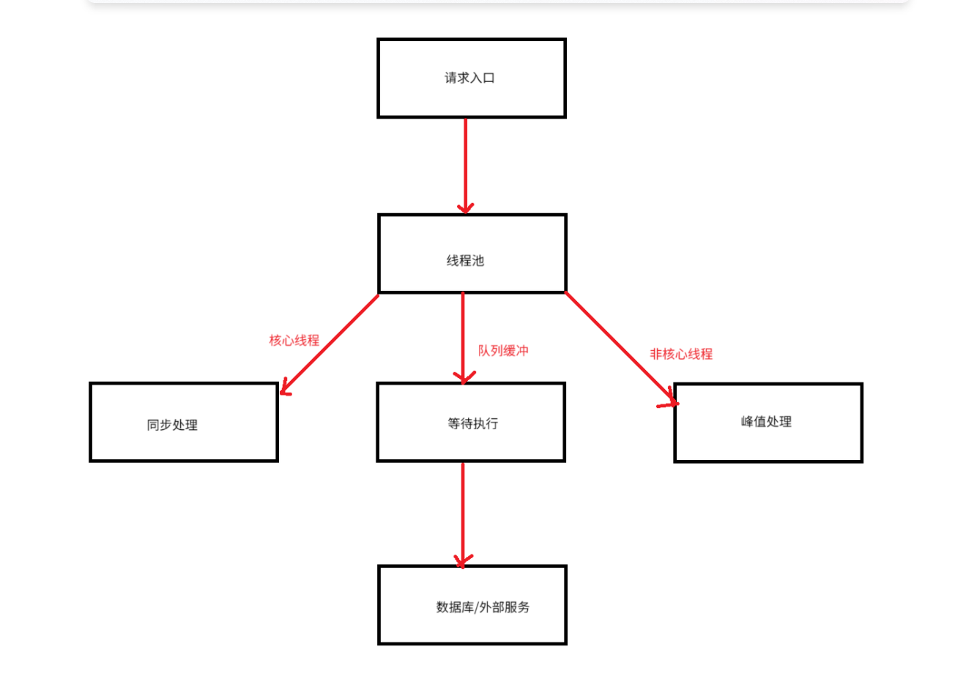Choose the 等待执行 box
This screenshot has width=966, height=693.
click(x=470, y=443)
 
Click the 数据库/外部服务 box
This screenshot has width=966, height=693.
click(x=472, y=626)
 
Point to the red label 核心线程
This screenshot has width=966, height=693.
click(x=294, y=341)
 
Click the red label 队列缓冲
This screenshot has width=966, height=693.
click(x=503, y=351)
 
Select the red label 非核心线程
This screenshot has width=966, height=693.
click(x=681, y=354)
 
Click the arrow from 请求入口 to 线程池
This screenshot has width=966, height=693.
click(x=465, y=165)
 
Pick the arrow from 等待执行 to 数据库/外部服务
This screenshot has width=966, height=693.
click(x=463, y=513)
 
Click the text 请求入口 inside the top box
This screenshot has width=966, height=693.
click(x=469, y=78)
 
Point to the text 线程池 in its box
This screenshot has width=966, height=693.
click(x=465, y=261)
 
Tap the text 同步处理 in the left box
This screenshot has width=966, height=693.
click(x=172, y=425)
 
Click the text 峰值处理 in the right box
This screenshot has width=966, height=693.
click(x=766, y=422)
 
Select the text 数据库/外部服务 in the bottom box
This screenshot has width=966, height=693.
click(x=483, y=607)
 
